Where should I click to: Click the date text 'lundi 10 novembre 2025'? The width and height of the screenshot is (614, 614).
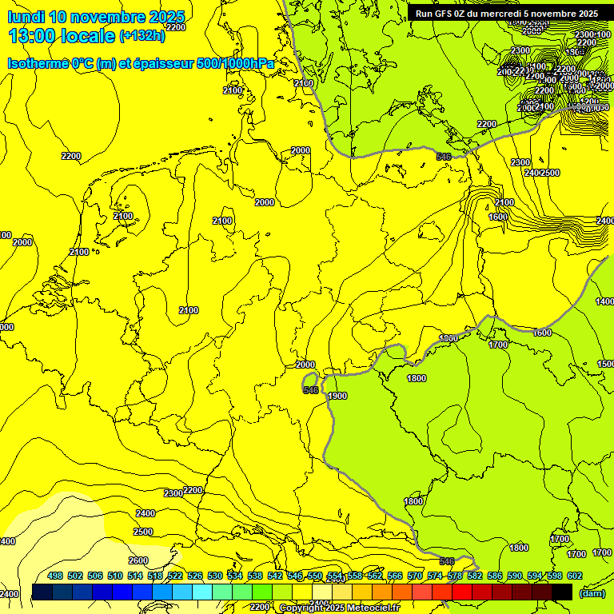(x=95, y=17)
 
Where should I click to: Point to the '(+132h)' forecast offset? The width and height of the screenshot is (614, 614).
(x=142, y=35)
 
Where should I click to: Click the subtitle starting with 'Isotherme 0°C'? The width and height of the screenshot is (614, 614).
(x=141, y=63)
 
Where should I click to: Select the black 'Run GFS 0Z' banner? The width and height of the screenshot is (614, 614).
(x=507, y=14)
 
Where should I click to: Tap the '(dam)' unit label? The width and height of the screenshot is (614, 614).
(x=591, y=592)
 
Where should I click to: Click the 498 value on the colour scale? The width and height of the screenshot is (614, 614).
(x=55, y=576)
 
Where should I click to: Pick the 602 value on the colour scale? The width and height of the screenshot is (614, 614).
(x=575, y=576)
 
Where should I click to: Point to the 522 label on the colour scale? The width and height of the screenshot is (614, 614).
(x=175, y=576)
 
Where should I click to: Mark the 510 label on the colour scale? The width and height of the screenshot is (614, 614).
(x=115, y=576)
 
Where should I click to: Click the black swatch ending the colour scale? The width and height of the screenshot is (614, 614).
(x=562, y=592)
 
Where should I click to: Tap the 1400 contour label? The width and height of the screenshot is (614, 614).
(x=604, y=301)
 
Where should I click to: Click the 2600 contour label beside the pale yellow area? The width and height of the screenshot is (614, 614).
(x=138, y=560)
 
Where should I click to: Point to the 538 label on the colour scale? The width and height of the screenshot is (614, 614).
(x=255, y=576)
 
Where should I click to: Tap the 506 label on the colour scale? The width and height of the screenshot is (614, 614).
(x=95, y=576)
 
